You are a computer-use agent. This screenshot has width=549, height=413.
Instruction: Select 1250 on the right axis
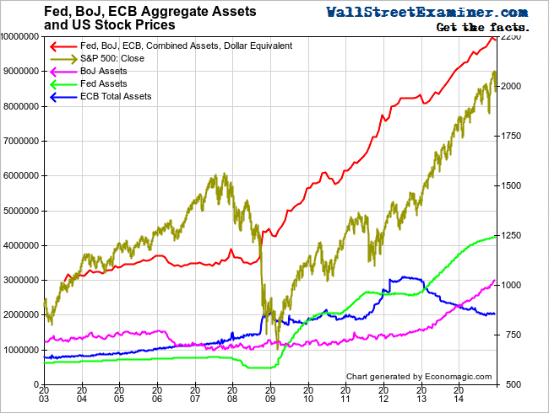point(516,236)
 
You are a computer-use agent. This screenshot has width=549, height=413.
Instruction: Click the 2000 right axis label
point(516,87)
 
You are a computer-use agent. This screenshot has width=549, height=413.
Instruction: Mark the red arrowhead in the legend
point(56,45)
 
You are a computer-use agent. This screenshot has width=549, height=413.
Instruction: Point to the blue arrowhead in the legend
point(56,97)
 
